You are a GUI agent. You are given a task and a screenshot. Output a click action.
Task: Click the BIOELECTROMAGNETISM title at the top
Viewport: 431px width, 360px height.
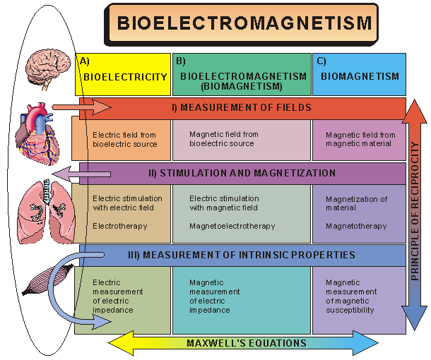tap(243, 23)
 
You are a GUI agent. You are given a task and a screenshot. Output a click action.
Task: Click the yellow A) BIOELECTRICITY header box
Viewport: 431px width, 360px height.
tap(123, 74)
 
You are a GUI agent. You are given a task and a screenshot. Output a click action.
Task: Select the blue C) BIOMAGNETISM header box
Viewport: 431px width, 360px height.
tap(359, 74)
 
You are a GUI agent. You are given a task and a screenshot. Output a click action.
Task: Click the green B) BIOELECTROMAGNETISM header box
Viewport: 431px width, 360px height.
tap(242, 74)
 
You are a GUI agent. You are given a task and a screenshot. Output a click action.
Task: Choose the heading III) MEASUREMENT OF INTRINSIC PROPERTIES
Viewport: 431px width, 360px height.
tap(240, 254)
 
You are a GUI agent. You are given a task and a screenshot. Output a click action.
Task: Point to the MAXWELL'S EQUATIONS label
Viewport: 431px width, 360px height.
tap(247, 343)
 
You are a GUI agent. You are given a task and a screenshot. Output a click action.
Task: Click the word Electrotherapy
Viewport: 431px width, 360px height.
tap(119, 226)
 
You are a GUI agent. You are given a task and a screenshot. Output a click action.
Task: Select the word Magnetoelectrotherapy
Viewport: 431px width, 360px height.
tap(232, 226)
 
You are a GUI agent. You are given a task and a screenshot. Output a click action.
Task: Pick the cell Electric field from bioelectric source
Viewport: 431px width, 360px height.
tap(122, 139)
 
